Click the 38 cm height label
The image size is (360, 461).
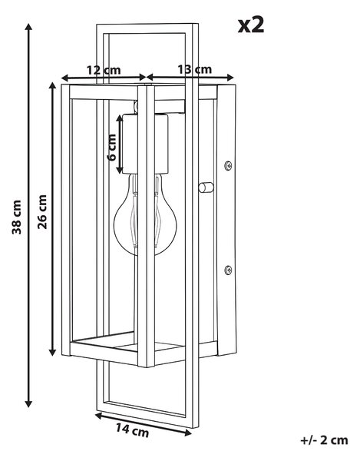pyautogui.click(x=17, y=217)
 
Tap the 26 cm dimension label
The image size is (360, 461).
pyautogui.click(x=42, y=212)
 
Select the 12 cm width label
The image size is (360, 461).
pyautogui.click(x=104, y=70)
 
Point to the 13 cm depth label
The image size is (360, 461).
pyautogui.click(x=194, y=70)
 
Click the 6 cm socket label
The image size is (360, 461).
pyautogui.click(x=111, y=148)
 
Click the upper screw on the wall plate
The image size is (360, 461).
pyautogui.click(x=228, y=166)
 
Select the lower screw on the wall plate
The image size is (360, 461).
pyautogui.click(x=228, y=270)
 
